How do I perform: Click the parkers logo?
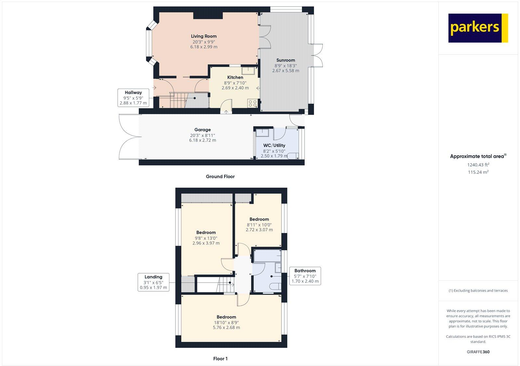point(478,28)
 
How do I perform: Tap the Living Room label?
point(204,36)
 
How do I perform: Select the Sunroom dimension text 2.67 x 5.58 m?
point(286,70)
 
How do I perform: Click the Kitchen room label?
point(235,78)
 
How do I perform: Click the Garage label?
point(202,130)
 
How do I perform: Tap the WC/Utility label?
point(274,145)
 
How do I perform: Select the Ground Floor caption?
point(220,177)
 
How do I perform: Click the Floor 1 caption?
point(220,359)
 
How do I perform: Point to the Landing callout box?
point(153,282)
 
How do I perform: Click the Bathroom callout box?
point(305,276)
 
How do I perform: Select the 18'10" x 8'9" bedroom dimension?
point(226,323)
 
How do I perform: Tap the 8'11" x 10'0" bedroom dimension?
point(259,225)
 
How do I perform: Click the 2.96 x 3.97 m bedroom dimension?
point(206,243)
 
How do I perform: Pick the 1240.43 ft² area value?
point(478,165)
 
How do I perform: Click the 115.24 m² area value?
point(478,172)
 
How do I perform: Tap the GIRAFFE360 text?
point(478,352)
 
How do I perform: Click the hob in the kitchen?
point(253,104)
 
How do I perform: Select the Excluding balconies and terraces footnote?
point(478,291)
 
